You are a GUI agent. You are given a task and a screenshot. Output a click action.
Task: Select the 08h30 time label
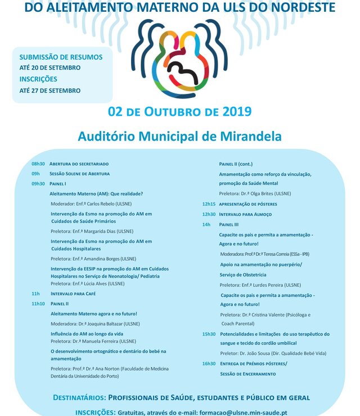(x=38, y=163)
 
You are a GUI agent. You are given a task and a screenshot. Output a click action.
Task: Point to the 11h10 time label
(x=38, y=304)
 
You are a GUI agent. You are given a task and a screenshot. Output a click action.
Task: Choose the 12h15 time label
(x=209, y=204)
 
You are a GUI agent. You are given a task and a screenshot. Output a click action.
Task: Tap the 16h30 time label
(x=209, y=364)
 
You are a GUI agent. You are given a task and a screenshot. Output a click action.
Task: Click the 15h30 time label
(x=209, y=334)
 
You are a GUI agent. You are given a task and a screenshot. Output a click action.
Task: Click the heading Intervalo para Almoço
(x=245, y=214)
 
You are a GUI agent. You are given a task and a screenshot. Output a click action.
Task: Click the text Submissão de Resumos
(x=61, y=57)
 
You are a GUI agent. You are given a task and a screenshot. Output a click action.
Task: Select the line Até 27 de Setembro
(x=50, y=91)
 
